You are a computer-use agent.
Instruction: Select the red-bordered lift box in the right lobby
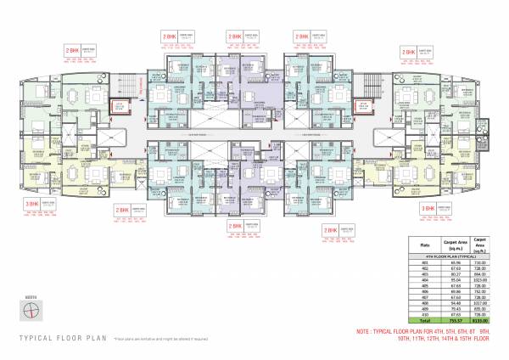pyautogui.click(x=364, y=107)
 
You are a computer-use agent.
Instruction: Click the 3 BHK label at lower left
pyautogui.click(x=31, y=205)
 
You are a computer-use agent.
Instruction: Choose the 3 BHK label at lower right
pyautogui.click(x=428, y=208)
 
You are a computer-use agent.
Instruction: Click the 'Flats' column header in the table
pyautogui.click(x=422, y=243)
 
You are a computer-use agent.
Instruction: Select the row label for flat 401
pyautogui.click(x=422, y=262)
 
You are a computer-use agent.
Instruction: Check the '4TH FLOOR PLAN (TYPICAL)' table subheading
pyautogui.click(x=450, y=255)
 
